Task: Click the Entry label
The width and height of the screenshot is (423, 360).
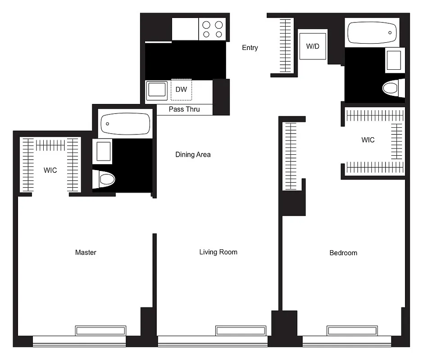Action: (250, 48)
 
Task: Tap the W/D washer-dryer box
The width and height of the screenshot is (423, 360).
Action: (312, 46)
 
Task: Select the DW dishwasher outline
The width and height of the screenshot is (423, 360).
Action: (181, 90)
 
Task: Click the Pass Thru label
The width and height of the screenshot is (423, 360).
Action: (184, 109)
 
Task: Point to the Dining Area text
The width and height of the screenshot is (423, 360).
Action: (193, 154)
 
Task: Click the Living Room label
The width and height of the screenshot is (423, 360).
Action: (218, 252)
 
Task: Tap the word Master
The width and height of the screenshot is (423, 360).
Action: (86, 252)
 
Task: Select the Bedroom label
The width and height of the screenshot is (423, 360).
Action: (343, 253)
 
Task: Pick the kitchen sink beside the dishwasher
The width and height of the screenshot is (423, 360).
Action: (156, 90)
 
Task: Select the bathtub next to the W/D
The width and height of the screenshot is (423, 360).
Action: (373, 33)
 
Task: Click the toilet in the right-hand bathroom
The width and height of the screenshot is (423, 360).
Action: (392, 88)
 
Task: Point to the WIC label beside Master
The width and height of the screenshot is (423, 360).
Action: (50, 171)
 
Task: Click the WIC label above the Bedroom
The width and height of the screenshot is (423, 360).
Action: (368, 140)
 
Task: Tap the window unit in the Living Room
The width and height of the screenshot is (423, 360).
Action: (240, 331)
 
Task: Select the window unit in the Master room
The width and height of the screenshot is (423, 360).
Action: (100, 331)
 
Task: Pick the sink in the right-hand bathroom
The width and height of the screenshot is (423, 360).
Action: (394, 60)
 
